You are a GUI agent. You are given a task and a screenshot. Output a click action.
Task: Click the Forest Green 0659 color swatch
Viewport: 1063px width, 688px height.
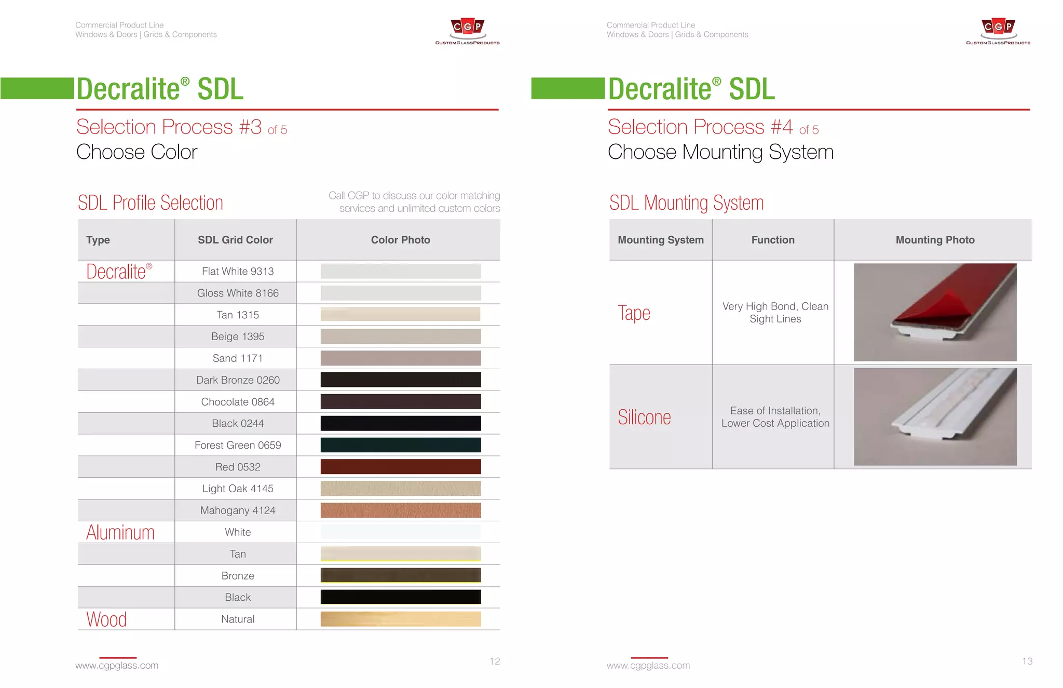coord(400,445)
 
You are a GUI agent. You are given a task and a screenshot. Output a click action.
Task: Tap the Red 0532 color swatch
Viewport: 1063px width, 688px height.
coord(400,467)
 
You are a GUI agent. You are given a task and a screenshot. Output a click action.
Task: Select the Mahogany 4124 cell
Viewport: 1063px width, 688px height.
coord(238,510)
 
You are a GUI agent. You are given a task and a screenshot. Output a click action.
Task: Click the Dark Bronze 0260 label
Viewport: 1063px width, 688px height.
coord(238,380)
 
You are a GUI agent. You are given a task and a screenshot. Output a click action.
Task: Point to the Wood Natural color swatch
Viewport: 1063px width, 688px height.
coord(400,619)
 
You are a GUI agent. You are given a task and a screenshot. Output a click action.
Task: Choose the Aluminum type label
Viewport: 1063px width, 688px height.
coord(120,533)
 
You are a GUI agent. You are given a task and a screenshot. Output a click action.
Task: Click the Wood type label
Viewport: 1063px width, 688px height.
coord(106,619)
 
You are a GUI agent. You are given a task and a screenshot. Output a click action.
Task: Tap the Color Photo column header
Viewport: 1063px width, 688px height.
coord(400,240)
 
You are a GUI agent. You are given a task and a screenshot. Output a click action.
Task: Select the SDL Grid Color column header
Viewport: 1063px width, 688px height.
coord(235,240)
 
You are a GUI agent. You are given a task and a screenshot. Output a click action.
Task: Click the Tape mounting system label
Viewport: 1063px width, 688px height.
coord(634,313)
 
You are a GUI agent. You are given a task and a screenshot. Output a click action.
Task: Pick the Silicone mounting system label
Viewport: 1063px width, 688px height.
coord(644,417)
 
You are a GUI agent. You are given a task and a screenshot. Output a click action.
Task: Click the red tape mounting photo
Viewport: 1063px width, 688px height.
coord(935,312)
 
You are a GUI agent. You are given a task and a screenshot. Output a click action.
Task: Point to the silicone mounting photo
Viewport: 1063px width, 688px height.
coord(935,416)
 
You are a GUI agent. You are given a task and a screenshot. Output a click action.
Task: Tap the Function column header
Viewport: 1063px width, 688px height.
coord(773,240)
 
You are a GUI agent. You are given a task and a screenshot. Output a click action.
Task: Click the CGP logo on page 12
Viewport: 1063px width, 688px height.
coord(467,31)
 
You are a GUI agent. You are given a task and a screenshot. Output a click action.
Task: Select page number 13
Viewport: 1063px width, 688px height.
coord(1027,661)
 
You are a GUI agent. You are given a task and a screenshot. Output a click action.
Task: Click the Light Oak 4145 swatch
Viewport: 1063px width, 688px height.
coord(400,489)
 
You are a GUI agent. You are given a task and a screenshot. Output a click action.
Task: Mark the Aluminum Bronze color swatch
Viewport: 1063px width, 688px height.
coord(400,575)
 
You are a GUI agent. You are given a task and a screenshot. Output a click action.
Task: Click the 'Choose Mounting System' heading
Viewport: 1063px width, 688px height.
coord(720,152)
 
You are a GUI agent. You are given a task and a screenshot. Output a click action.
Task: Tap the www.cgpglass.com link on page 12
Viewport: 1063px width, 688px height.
coord(117,666)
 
